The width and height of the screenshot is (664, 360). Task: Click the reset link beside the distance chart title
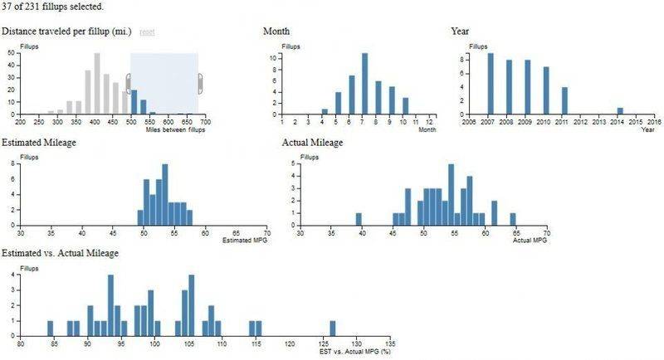(147, 32)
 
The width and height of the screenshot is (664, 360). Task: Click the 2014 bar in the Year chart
(620, 111)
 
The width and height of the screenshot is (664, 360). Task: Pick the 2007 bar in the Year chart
(491, 84)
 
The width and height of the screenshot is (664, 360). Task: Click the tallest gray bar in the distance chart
(96, 84)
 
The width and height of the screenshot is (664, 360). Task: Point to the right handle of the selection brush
(200, 83)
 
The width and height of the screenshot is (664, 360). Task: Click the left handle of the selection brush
(129, 83)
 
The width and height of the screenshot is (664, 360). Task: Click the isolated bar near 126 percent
(333, 328)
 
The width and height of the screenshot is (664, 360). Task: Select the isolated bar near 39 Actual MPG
(359, 219)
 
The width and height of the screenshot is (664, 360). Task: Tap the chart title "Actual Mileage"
(312, 143)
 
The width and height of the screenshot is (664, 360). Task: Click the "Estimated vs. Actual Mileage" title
(61, 252)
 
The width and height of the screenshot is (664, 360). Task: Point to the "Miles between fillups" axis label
(174, 130)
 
